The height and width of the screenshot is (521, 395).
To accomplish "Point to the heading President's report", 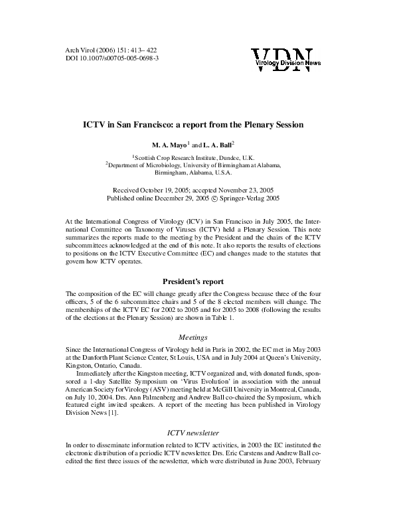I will (197, 299).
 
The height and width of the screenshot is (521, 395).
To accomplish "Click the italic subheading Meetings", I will (197, 337).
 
